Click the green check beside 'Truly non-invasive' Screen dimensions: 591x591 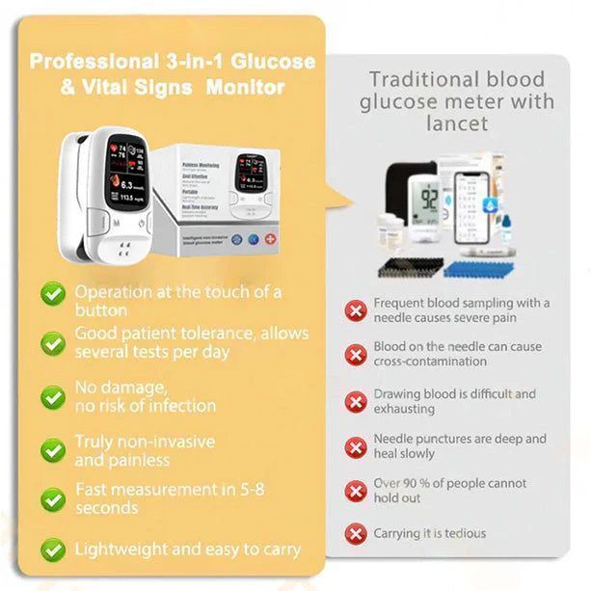(54, 449)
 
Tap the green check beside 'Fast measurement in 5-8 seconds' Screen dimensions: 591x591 (54, 498)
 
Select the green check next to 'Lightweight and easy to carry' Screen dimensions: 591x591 (54, 550)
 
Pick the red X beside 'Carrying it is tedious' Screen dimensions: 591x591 (356, 533)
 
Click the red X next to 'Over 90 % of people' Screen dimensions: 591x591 (356, 490)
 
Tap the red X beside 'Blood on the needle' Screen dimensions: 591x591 (356, 354)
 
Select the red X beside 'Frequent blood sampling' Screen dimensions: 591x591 (356, 309)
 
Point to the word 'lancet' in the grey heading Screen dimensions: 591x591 (456, 123)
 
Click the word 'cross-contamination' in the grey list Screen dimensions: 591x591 (416, 362)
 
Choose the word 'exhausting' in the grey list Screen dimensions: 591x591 (405, 409)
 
